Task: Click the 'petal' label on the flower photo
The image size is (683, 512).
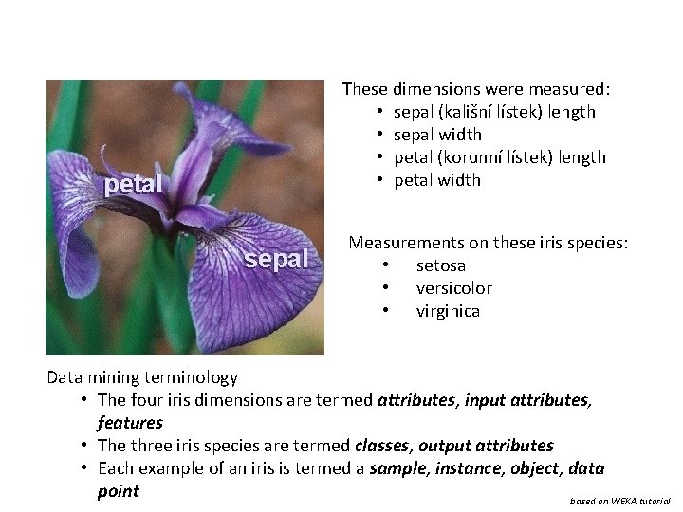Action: coord(134,184)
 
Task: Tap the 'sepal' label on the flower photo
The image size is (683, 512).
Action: coord(276,259)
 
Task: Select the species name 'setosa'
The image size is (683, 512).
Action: coord(440,265)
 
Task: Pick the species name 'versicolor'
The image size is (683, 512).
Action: coord(453,288)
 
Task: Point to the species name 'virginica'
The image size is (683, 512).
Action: coord(448,311)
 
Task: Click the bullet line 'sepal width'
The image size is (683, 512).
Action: coord(437,135)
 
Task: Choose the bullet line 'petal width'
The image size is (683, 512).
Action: coord(437,180)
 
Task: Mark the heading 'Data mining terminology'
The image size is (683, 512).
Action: coord(142,377)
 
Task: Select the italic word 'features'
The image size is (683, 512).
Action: coord(130,423)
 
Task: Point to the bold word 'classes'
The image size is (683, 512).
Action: coord(381,446)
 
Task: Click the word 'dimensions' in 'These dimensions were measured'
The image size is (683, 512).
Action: coord(439,89)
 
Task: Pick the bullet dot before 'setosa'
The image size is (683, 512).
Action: coord(386,265)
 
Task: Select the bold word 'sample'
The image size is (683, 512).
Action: coord(397,468)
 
